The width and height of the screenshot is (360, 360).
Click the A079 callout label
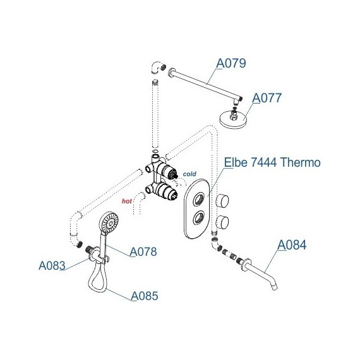point(231,63)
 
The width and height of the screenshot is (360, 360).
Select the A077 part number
point(267,98)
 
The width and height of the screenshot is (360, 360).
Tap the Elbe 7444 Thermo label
point(272,162)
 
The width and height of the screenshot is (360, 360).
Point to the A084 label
point(292,245)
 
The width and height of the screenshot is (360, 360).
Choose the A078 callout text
point(143,251)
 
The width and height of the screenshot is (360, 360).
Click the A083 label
point(52,266)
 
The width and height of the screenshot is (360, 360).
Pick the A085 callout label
point(145,296)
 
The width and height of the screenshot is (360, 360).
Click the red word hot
point(127,201)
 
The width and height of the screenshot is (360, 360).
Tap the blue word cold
point(189,174)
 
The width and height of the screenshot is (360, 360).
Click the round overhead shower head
point(233,119)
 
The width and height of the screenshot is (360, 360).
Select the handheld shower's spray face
point(109,223)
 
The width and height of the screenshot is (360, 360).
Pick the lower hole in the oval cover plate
point(198,217)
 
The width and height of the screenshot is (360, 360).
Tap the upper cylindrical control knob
point(222,201)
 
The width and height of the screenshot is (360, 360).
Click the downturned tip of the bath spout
point(274,287)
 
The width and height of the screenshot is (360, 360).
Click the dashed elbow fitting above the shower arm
point(158,67)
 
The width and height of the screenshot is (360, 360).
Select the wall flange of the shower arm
point(171,72)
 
